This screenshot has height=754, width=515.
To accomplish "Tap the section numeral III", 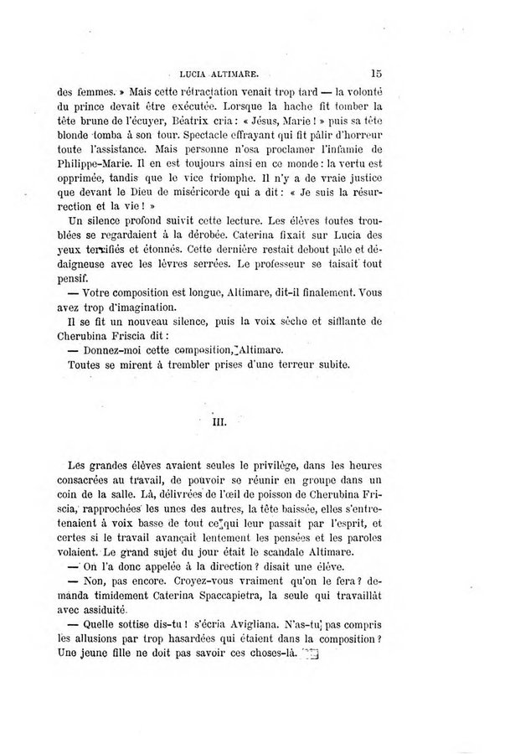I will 214,423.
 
